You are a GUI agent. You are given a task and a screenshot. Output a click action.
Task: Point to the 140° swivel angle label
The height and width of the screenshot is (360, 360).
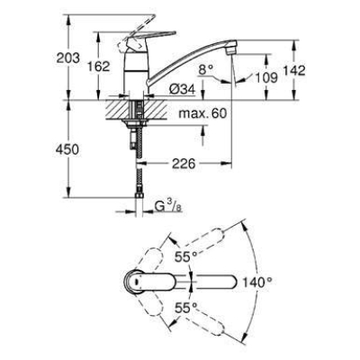(257, 282)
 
